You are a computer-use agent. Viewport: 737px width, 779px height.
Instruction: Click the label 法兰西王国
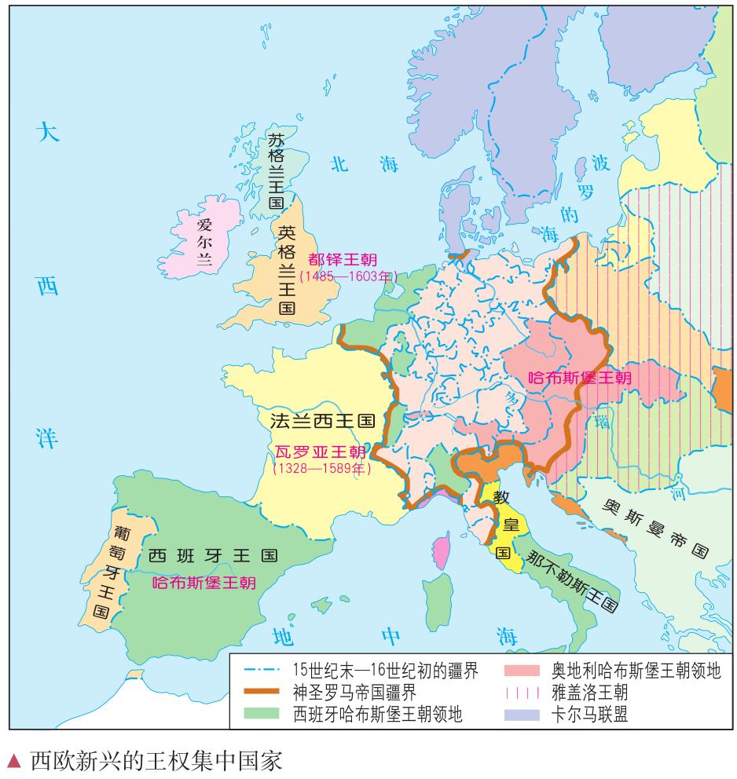pos(321,420)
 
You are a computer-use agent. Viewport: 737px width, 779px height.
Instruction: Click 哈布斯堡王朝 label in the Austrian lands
pos(579,377)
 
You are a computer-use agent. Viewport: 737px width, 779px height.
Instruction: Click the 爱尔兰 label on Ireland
pos(203,241)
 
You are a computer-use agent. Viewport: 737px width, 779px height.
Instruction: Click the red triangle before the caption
pos(13,760)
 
